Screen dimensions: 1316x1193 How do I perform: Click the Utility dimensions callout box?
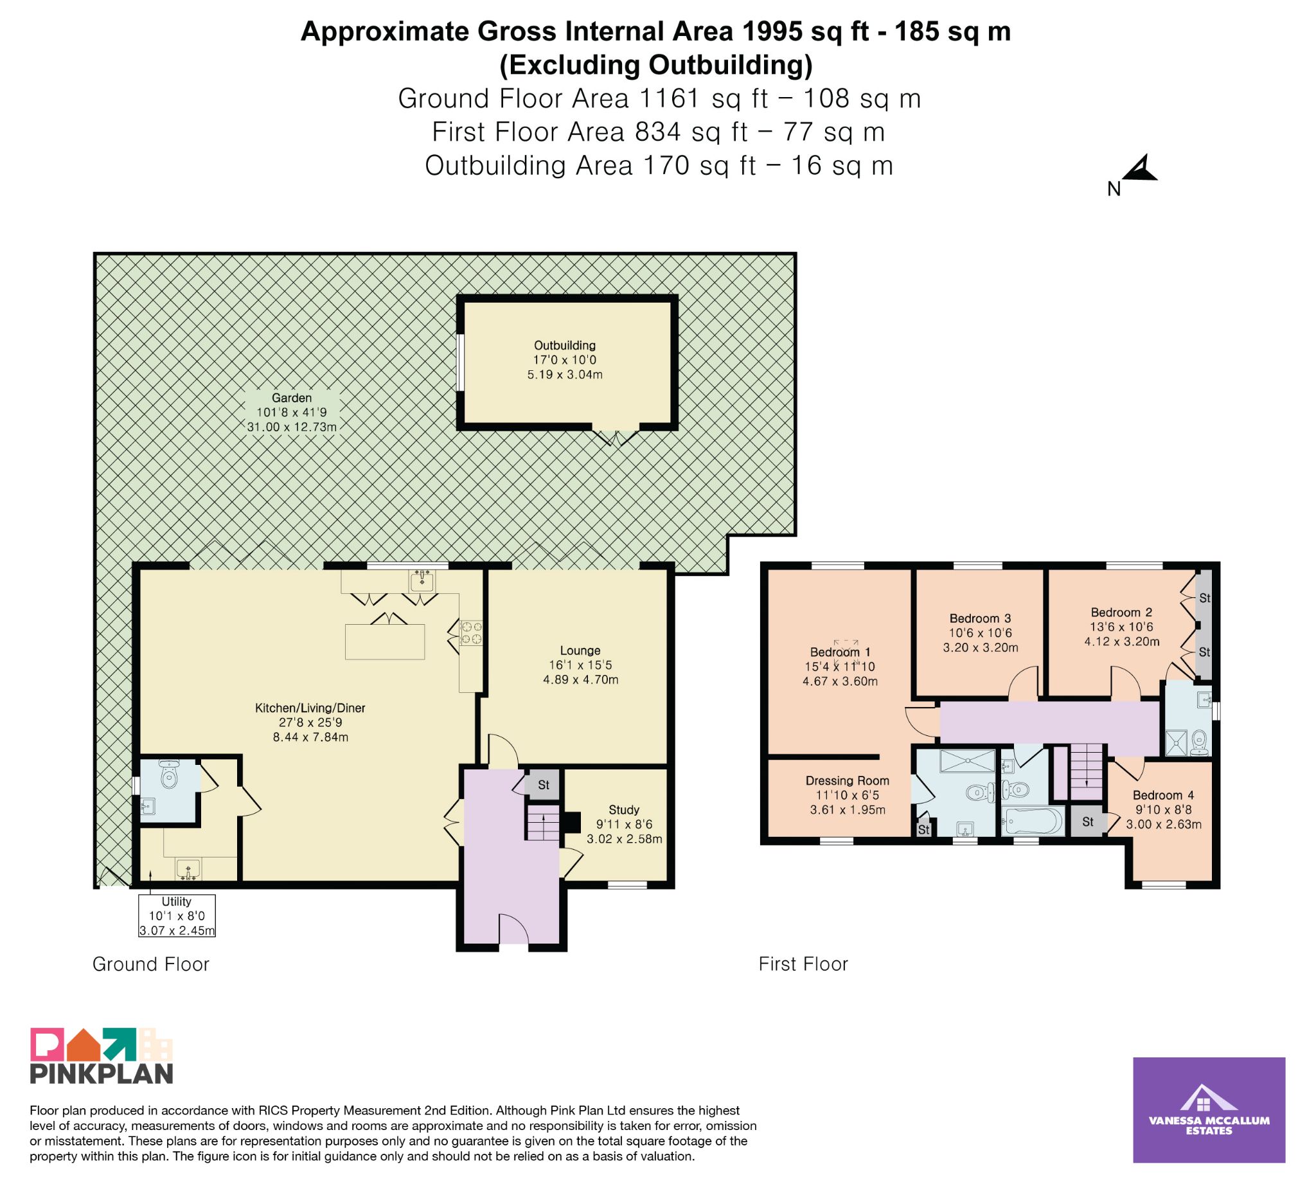(x=177, y=915)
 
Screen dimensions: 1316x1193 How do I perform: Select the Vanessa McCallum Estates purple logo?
(x=1209, y=1110)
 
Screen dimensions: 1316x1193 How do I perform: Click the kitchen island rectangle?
(x=385, y=642)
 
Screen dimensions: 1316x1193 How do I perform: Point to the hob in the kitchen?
(x=471, y=632)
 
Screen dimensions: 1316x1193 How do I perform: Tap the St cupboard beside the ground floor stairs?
(x=543, y=785)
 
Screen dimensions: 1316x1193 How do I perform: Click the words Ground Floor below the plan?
(x=151, y=964)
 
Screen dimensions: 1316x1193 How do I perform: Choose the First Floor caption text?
(x=803, y=964)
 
